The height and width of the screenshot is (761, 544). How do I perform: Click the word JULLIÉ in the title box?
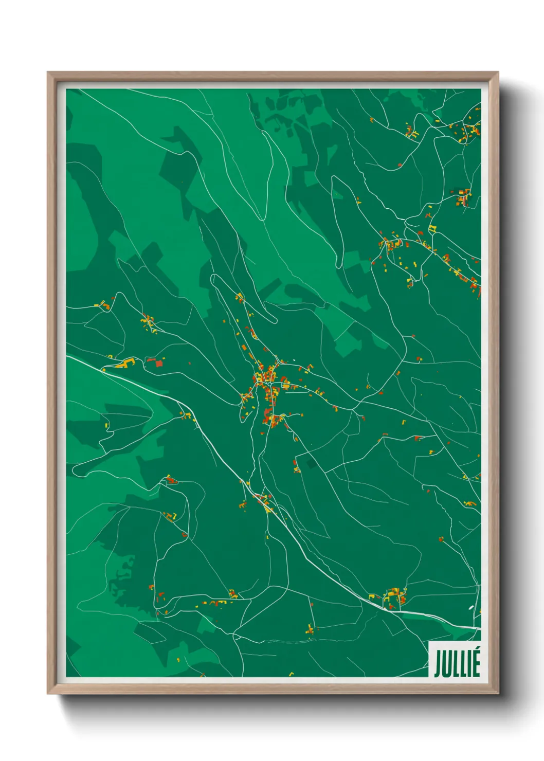[457, 664]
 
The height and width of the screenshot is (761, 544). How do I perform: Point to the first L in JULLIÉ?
[456, 664]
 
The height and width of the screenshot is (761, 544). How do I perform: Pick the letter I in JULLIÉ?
[468, 664]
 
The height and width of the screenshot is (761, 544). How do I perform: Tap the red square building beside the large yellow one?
[158, 364]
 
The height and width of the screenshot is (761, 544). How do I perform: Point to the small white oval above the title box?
[471, 608]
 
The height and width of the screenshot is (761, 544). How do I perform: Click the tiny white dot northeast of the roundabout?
[294, 360]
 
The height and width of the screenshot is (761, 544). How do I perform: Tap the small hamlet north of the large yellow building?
[148, 322]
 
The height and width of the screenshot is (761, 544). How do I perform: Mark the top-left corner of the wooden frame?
[48, 73]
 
